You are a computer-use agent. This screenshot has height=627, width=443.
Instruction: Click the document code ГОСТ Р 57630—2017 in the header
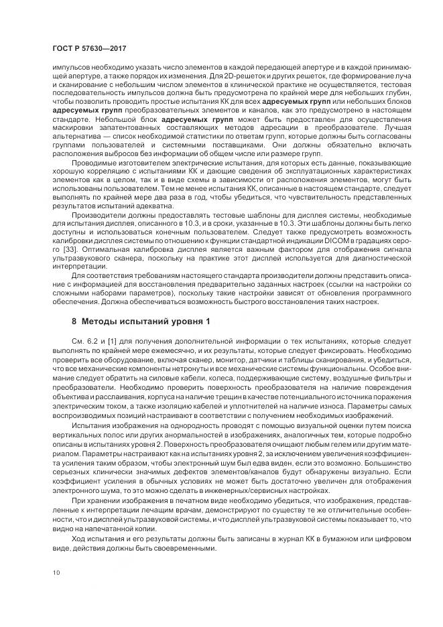click(88, 50)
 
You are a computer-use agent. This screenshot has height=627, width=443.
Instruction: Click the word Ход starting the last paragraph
click(80, 537)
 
